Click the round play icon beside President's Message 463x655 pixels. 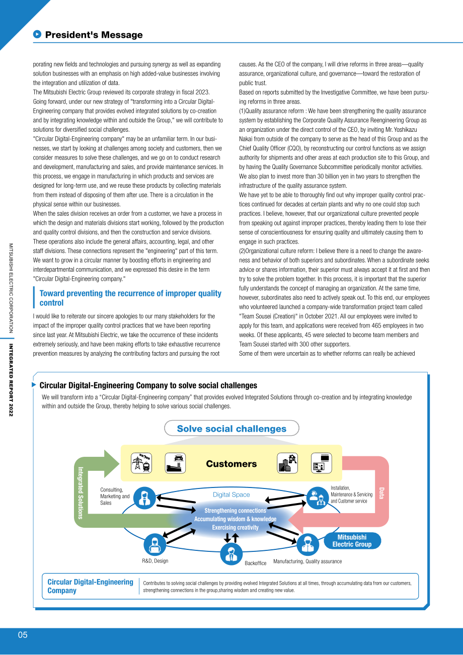pyautogui.click(x=37, y=34)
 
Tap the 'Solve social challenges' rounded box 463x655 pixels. pyautogui.click(x=232, y=429)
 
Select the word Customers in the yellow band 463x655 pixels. pyautogui.click(x=232, y=464)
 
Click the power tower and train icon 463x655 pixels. pyautogui.click(x=141, y=463)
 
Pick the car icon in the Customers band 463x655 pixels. pyautogui.click(x=175, y=463)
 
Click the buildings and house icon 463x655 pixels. pyautogui.click(x=287, y=463)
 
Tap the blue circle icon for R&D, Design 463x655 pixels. pyautogui.click(x=155, y=545)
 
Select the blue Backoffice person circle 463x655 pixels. pyautogui.click(x=231, y=553)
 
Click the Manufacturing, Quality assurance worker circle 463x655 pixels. pyautogui.click(x=307, y=544)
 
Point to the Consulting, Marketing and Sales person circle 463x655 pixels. pyautogui.click(x=144, y=498)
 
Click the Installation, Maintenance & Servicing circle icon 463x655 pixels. pyautogui.click(x=318, y=498)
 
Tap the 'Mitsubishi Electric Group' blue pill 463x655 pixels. pyautogui.click(x=352, y=541)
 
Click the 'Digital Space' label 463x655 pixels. pyautogui.click(x=232, y=495)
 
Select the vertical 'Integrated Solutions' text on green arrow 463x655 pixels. pyautogui.click(x=81, y=493)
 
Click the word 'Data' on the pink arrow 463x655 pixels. pyautogui.click(x=381, y=493)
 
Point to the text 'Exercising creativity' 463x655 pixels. pyautogui.click(x=236, y=528)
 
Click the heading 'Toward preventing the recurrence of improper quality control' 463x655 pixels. pyautogui.click(x=130, y=298)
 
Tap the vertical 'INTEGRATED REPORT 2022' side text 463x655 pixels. pyautogui.click(x=11, y=380)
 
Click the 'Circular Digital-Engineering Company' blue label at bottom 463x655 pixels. pyautogui.click(x=90, y=586)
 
